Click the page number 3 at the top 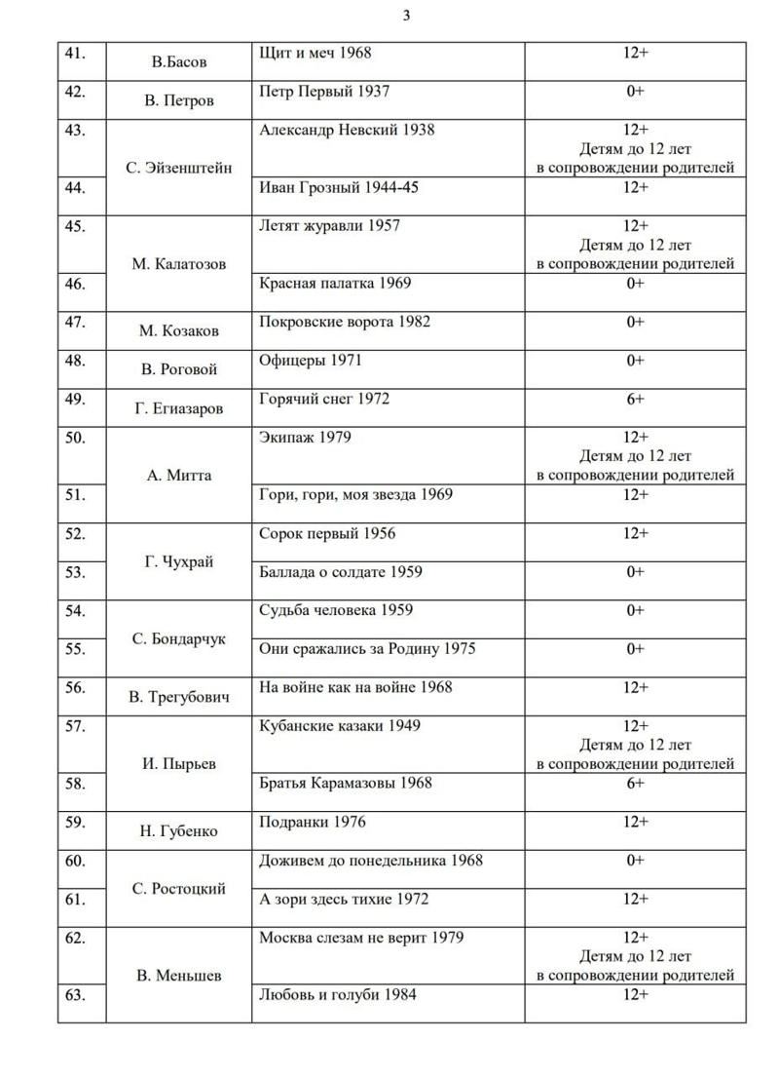406,15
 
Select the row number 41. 74,53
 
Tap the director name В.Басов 179,62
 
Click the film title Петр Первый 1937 324,92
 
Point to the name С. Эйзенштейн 179,168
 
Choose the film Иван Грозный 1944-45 339,187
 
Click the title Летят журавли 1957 329,226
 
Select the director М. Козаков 179,331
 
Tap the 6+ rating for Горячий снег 635,399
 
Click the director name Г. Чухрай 179,562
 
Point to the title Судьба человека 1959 336,611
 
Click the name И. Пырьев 179,764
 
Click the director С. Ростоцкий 179,889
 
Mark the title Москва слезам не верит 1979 361,939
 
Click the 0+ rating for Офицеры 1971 635,361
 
